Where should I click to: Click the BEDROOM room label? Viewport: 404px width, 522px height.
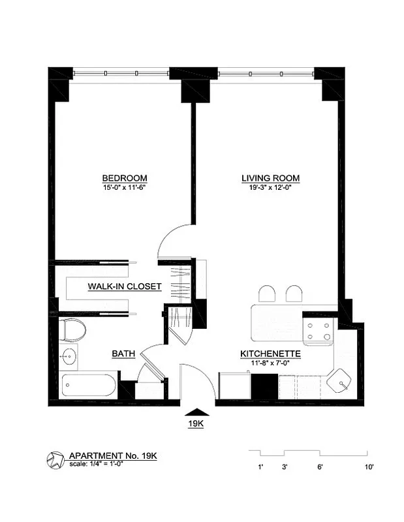click(124, 178)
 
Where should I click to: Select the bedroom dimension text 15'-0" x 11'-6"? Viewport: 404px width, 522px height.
click(124, 188)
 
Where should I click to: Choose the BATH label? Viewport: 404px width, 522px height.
click(123, 354)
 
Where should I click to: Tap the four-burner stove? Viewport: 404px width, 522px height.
click(319, 331)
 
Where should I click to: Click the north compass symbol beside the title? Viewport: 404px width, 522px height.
click(55, 460)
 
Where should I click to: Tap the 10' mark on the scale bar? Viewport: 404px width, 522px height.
click(369, 467)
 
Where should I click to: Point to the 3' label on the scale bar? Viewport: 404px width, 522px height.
click(285, 467)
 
